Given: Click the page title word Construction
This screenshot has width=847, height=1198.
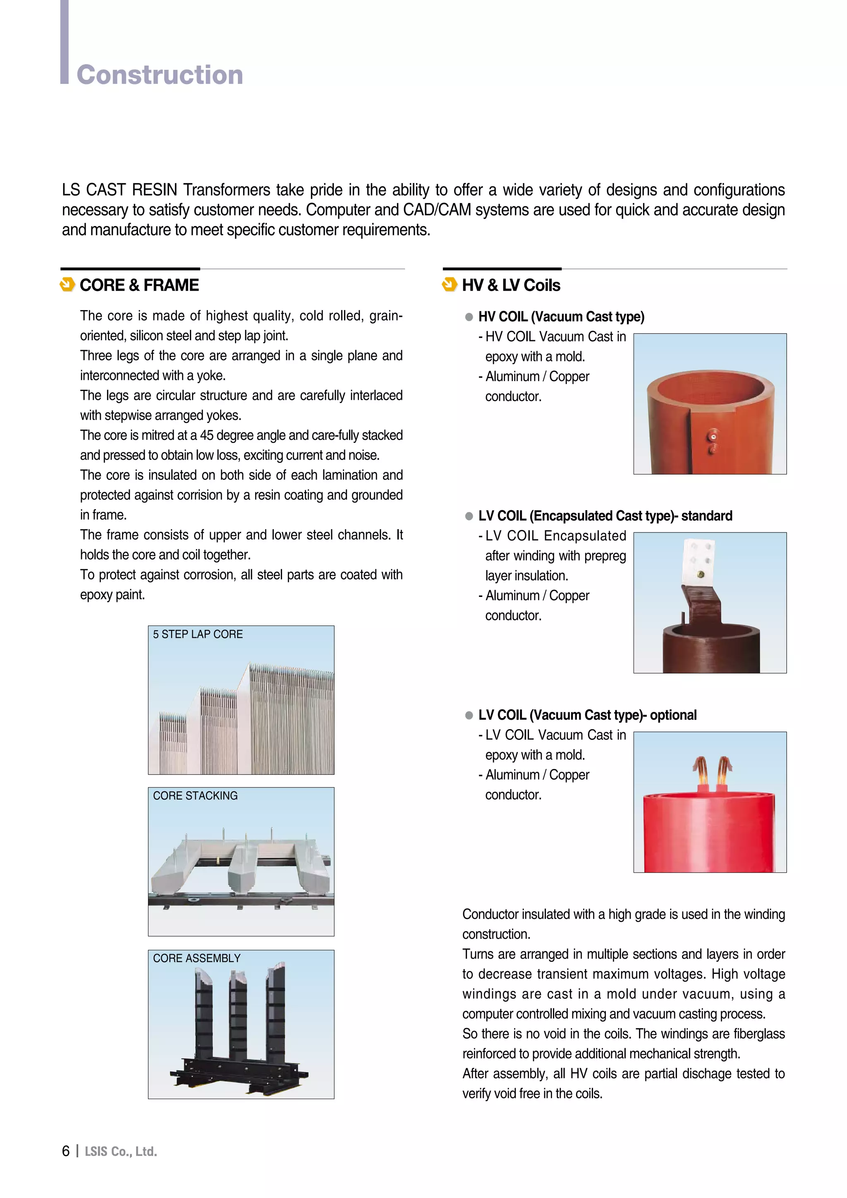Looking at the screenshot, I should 160,74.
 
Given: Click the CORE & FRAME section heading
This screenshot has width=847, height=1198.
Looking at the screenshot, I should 139,285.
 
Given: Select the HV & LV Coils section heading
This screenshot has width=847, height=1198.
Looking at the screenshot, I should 511,285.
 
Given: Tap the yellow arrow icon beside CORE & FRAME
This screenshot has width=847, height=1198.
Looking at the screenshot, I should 67,285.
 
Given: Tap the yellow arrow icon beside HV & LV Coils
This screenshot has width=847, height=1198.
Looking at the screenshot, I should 449,285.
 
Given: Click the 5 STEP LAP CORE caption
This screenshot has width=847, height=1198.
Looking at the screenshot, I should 198,634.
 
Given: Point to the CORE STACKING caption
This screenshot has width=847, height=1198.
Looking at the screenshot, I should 195,796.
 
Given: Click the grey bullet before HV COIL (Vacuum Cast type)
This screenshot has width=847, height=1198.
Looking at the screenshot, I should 469,317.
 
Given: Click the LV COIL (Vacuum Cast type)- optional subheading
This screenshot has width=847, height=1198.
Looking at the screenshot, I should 587,715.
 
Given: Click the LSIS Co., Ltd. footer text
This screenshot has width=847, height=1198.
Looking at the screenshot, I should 121,1152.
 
